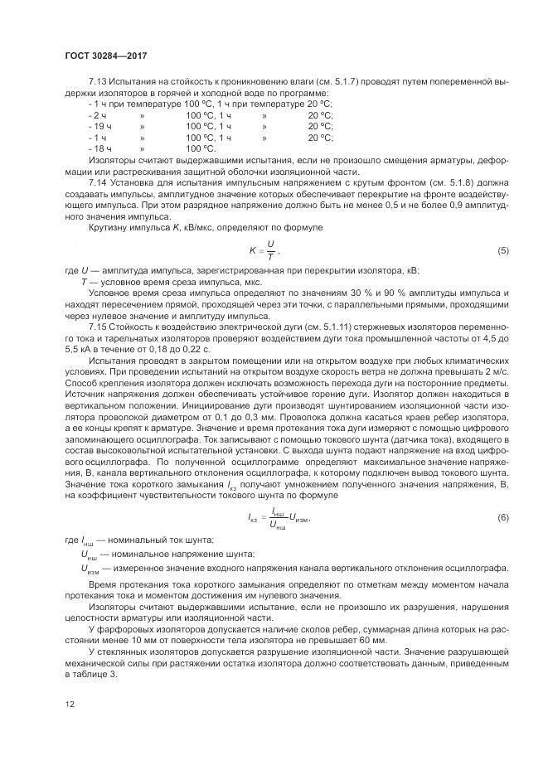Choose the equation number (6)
[502, 517]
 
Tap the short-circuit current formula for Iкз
[273, 518]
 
